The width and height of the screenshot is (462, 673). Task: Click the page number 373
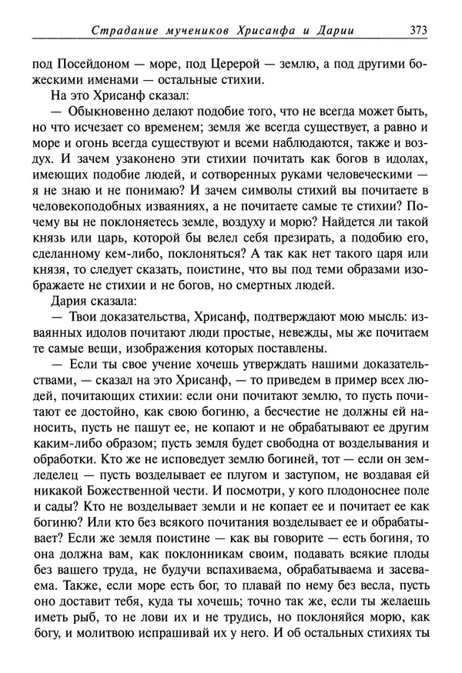pos(418,32)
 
